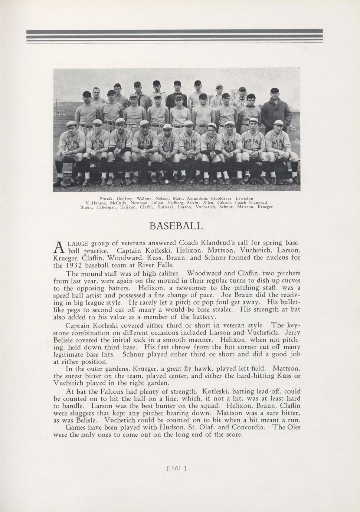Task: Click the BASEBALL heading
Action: (176, 226)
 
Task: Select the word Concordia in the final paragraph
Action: (250, 427)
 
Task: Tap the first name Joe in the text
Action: (226, 295)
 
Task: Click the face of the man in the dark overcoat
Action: (274, 95)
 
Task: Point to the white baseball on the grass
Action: (166, 181)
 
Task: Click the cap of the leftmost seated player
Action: (71, 124)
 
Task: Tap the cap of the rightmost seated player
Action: (278, 122)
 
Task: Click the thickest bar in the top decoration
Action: (174, 31)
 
